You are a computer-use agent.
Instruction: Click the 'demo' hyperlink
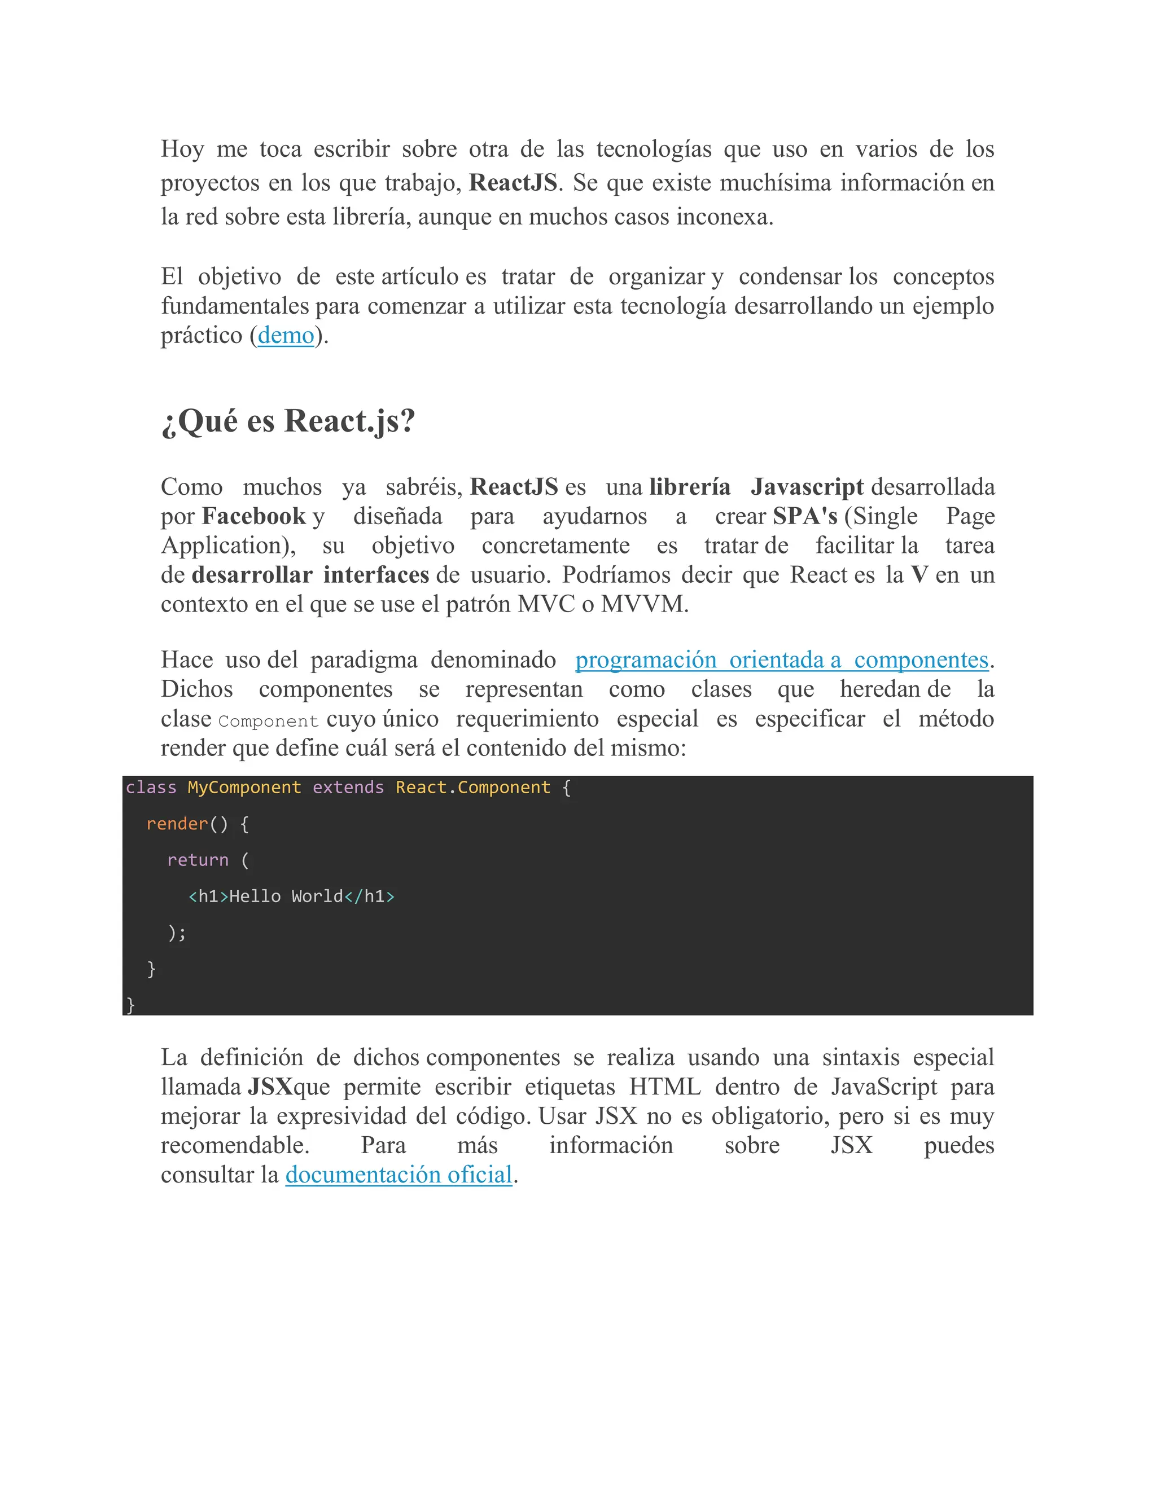click(286, 336)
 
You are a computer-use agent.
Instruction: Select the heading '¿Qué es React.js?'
click(288, 420)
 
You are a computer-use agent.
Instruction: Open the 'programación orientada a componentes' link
click(781, 660)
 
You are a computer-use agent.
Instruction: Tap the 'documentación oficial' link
click(399, 1175)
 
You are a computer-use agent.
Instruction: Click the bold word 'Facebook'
click(253, 516)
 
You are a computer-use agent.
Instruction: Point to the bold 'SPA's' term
click(805, 516)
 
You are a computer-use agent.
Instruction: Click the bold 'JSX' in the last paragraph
click(270, 1087)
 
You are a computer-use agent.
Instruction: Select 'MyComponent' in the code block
click(244, 788)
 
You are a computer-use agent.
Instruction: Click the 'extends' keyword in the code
click(348, 788)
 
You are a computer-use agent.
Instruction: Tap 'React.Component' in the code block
click(472, 788)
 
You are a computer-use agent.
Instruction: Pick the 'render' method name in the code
click(177, 824)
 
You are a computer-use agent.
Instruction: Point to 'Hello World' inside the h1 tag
click(286, 897)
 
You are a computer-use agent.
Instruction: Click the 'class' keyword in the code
click(151, 788)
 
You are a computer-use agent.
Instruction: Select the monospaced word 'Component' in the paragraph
click(269, 722)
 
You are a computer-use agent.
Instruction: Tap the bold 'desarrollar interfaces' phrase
click(310, 575)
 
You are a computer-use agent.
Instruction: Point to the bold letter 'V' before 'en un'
click(919, 575)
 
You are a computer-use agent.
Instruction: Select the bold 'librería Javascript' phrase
click(756, 487)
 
